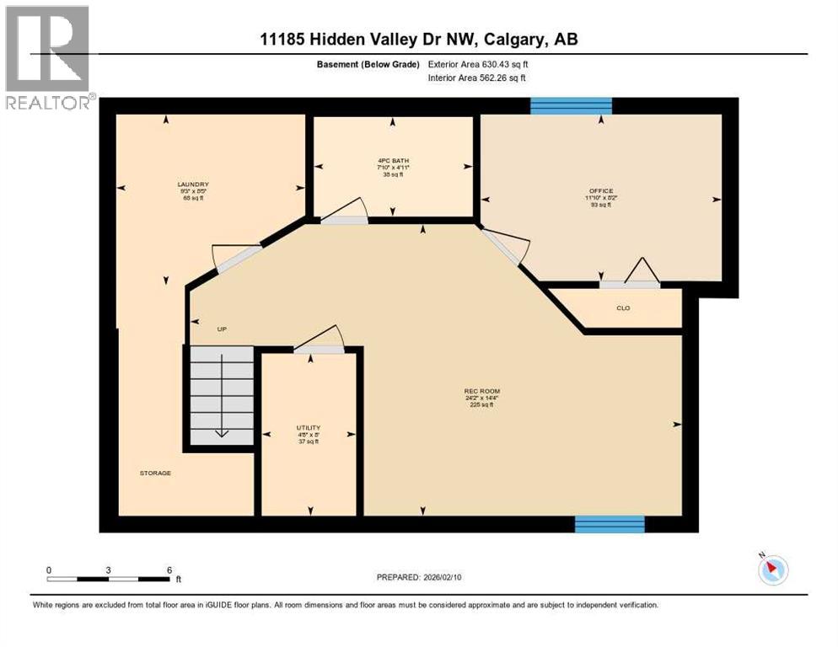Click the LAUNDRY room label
(193, 184)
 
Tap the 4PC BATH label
(394, 160)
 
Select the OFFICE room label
(601, 191)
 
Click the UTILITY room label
(308, 428)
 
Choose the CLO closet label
(623, 308)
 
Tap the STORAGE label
(155, 473)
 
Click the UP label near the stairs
(223, 329)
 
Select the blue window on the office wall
(571, 105)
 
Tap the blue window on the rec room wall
(610, 524)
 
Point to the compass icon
(772, 570)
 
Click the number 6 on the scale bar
(169, 569)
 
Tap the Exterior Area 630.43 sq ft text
(479, 64)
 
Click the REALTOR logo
(47, 57)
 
